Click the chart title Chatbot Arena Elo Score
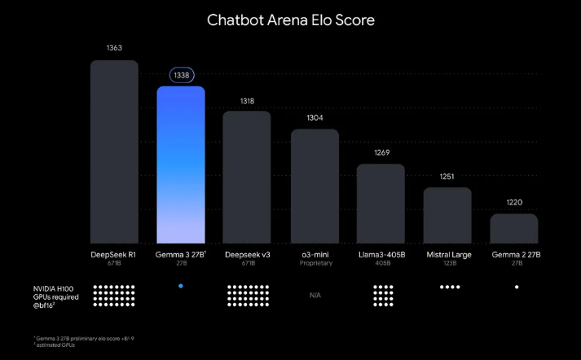290,20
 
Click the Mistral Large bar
447,215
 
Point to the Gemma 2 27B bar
513,228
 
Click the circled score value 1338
181,75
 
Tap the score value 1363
114,48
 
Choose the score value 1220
514,202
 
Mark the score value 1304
315,117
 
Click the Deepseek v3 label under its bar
247,255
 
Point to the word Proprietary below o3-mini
315,264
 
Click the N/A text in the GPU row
315,295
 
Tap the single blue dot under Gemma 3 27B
180,286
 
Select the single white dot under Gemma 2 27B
517,287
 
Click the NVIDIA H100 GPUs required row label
54,295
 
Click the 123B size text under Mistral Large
447,264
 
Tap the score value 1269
381,152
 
